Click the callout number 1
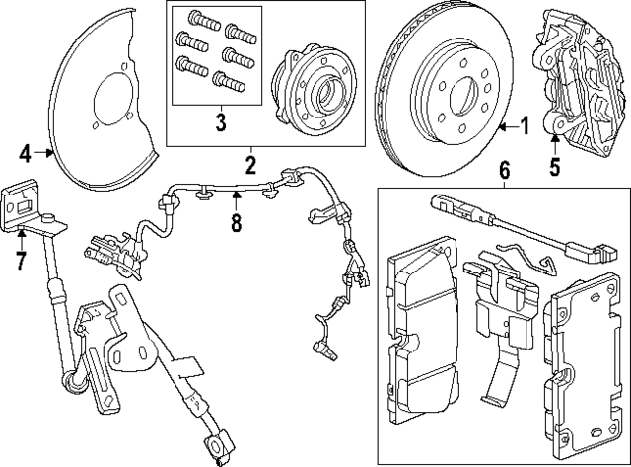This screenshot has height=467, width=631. pos(525,125)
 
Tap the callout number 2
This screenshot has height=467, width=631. pos(250,163)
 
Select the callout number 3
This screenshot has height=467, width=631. pos(221,123)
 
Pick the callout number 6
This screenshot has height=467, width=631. pos(504,171)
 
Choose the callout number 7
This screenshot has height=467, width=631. pos(20,261)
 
